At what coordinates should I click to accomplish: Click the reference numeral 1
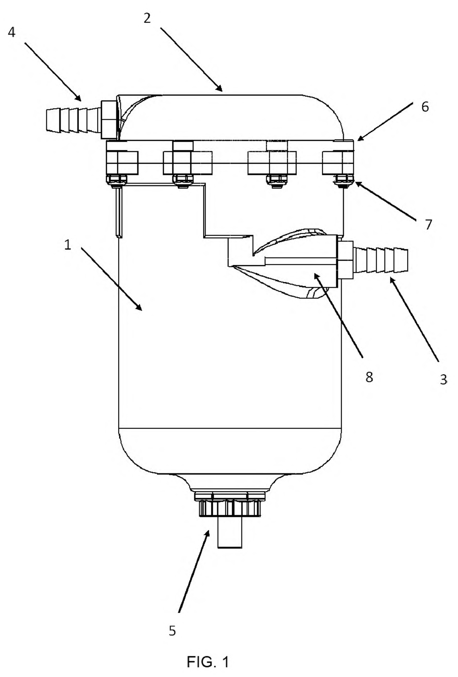click(x=68, y=245)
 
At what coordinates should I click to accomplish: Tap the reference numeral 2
click(x=147, y=18)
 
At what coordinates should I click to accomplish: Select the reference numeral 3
click(x=443, y=379)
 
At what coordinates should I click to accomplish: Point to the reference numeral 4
click(x=12, y=32)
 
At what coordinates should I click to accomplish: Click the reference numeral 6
click(x=425, y=107)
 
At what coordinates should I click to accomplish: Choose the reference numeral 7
click(x=429, y=225)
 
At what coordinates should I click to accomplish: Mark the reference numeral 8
click(x=369, y=377)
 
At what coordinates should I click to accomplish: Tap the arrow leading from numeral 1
click(x=112, y=278)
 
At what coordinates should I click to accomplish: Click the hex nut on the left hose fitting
click(x=109, y=120)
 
